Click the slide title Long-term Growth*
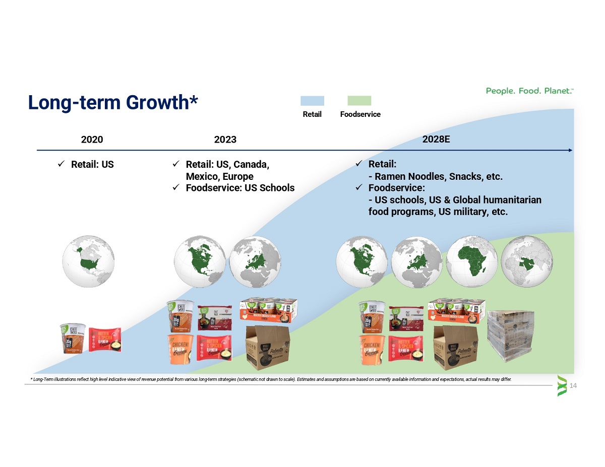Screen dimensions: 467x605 [112, 102]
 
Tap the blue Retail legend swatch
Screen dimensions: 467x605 [312, 100]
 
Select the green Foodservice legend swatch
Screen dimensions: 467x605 [359, 100]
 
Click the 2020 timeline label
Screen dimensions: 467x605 [92, 140]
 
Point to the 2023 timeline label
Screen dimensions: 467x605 [225, 140]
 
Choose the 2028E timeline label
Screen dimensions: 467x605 [436, 139]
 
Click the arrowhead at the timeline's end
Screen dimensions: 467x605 [570, 150]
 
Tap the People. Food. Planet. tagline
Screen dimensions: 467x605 [529, 91]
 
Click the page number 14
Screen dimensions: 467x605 [573, 386]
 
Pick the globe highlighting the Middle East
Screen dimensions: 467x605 [527, 261]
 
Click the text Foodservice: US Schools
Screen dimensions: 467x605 [240, 188]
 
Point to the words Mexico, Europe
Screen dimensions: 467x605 [219, 176]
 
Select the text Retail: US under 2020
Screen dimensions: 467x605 [92, 165]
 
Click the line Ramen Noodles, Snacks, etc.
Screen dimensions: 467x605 [436, 177]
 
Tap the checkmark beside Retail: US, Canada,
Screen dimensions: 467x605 [176, 164]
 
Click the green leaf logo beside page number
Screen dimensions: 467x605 [562, 386]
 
